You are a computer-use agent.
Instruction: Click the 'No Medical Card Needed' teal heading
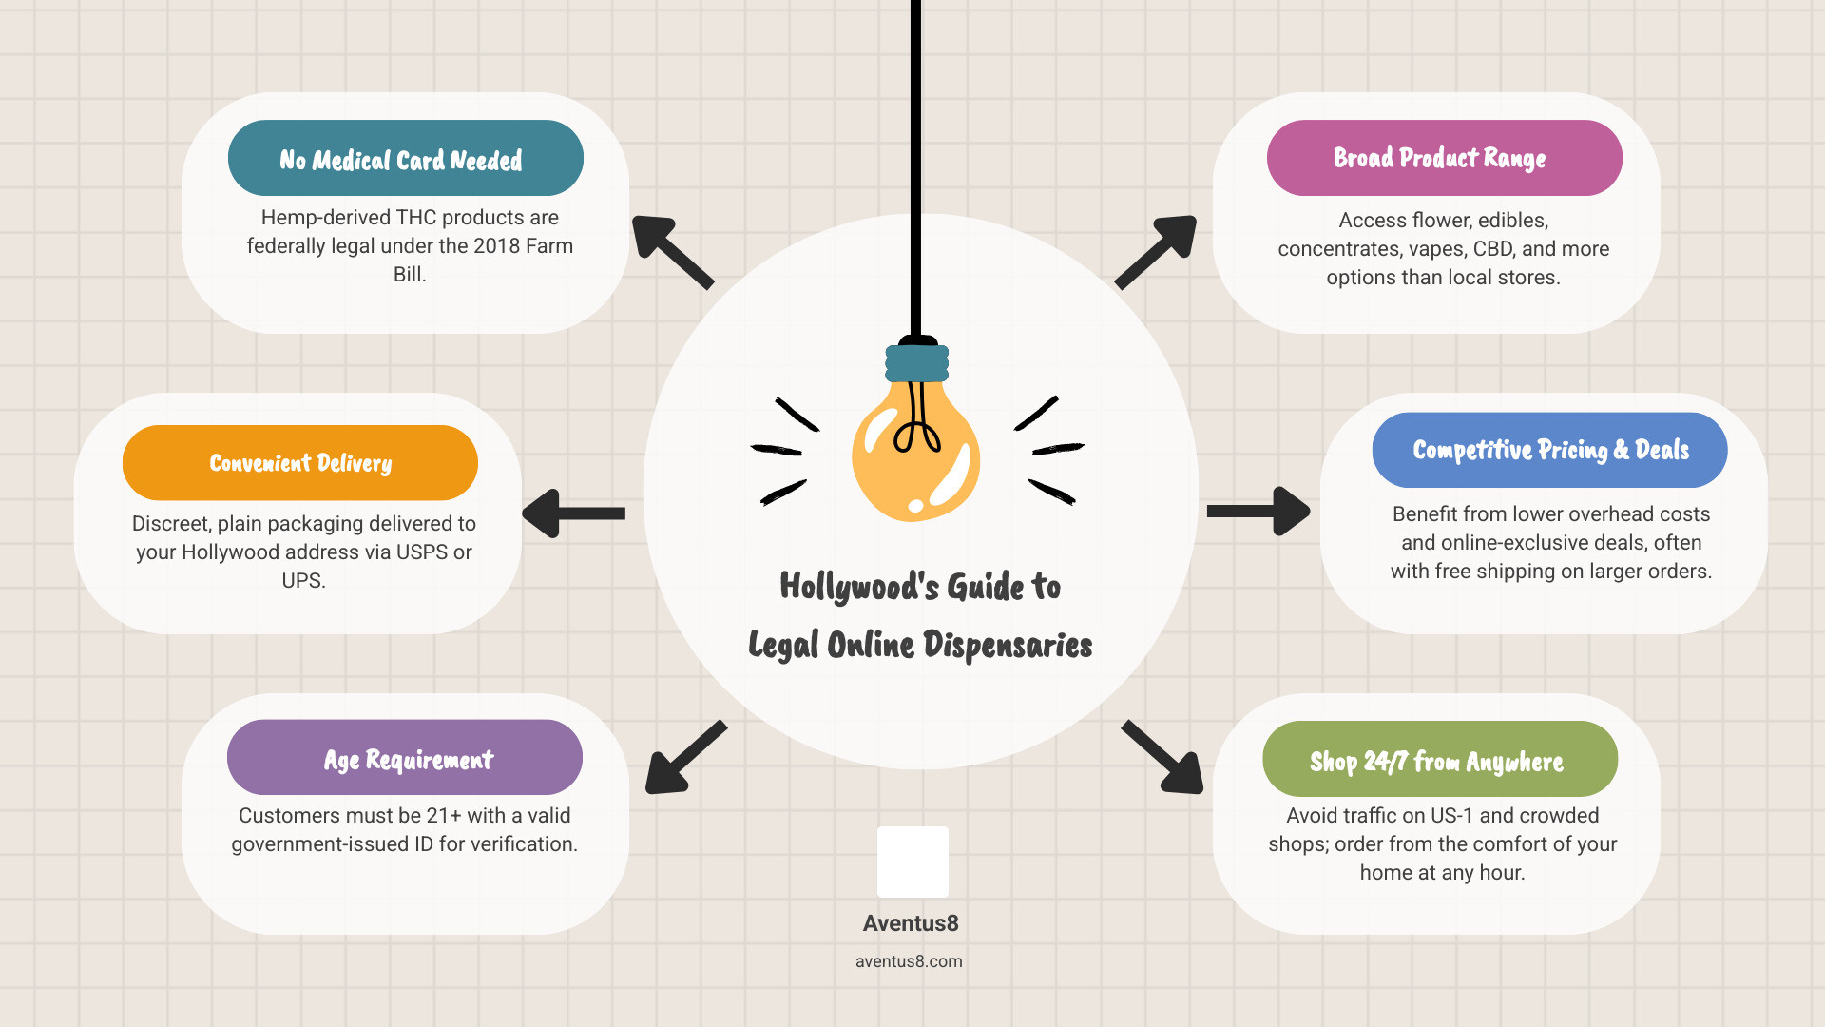[405, 158]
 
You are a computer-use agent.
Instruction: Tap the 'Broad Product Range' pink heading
[1444, 158]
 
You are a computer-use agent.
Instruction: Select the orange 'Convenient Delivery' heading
[300, 463]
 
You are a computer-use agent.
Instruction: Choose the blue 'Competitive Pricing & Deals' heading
[1549, 450]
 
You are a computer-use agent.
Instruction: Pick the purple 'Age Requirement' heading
[405, 758]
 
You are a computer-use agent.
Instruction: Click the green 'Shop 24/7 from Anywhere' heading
[1439, 760]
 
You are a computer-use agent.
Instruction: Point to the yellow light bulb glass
[915, 456]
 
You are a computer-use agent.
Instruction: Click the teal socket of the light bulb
[917, 362]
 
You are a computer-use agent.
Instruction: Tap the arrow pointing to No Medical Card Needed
[670, 250]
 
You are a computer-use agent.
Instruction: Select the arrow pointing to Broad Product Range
[1157, 251]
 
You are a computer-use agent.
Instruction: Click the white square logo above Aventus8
[912, 862]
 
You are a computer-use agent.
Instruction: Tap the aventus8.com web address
[909, 961]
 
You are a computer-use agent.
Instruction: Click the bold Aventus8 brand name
[911, 923]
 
